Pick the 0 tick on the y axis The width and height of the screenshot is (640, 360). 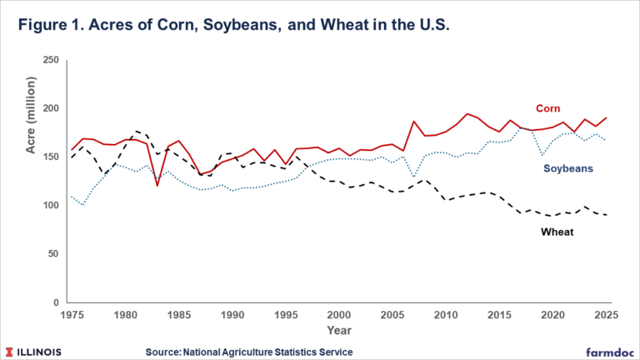click(x=56, y=302)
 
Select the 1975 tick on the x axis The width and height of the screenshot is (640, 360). click(x=72, y=315)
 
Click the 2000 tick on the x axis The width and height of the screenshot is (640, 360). click(x=338, y=315)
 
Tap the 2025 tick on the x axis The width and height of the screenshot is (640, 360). click(x=605, y=315)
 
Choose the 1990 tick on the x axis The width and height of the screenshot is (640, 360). click(x=232, y=315)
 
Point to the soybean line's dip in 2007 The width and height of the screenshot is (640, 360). click(x=413, y=177)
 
